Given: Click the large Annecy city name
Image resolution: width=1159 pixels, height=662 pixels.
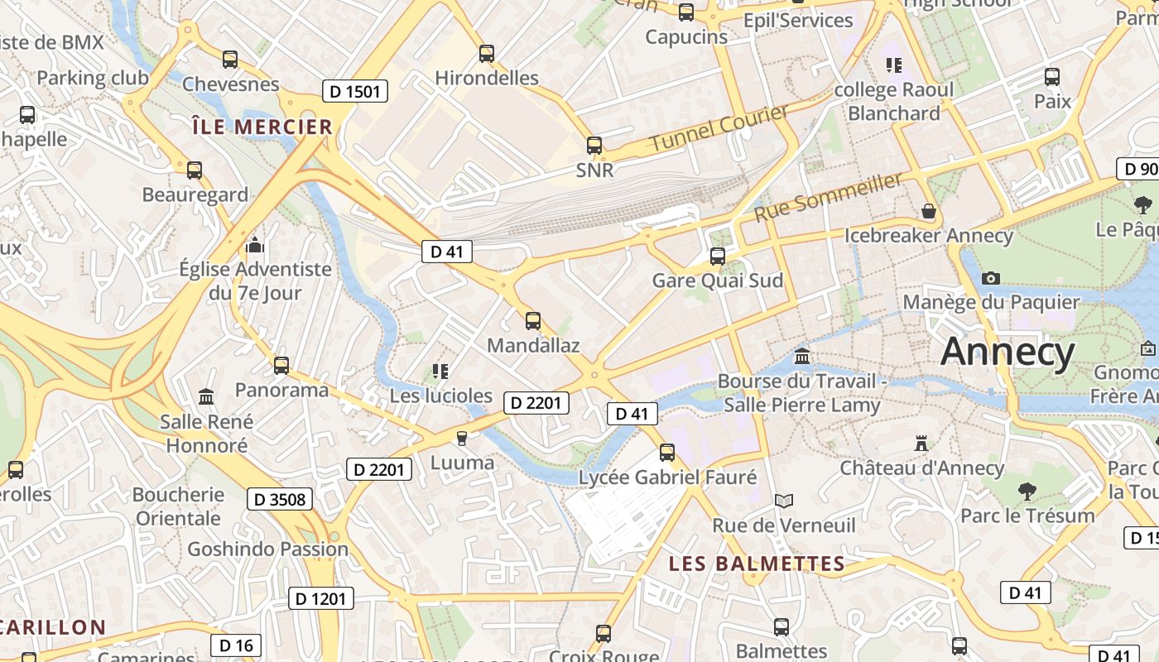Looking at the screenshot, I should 1008,352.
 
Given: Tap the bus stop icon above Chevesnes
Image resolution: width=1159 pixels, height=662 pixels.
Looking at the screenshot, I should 230,60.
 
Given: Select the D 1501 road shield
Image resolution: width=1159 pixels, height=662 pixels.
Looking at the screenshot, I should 354,92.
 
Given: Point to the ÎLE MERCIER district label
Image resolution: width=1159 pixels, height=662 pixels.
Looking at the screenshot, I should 262,127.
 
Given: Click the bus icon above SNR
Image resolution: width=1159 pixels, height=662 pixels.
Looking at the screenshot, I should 594,146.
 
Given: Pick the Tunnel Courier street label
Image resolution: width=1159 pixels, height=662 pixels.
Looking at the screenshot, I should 719,128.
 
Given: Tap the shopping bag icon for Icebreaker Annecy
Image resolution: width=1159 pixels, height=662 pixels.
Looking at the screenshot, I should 929,212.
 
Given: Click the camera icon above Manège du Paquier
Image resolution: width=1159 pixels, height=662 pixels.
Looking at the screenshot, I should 990,278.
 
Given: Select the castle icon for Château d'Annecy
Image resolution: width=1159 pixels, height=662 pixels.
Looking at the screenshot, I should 921,444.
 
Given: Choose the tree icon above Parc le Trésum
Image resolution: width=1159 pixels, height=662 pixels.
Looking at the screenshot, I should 1027,492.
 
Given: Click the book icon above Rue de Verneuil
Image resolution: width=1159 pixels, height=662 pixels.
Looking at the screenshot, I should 783,501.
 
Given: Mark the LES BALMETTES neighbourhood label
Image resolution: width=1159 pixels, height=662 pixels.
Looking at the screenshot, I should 757,564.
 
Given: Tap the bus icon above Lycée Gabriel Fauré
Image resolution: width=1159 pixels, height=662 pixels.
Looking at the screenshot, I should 667,453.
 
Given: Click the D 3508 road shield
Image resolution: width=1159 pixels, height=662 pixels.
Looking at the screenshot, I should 280,499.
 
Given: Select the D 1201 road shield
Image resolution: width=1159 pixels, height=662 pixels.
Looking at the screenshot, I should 321,598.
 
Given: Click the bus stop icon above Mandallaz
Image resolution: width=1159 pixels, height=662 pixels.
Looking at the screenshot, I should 533,321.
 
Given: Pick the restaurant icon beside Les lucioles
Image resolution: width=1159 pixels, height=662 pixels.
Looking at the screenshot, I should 440,372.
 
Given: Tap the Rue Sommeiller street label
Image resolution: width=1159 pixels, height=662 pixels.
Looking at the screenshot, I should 828,197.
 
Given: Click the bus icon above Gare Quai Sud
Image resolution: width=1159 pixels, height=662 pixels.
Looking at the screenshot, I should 718,257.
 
